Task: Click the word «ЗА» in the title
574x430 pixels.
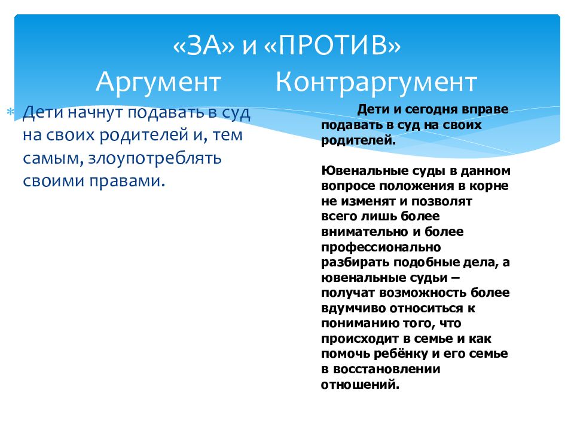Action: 203,46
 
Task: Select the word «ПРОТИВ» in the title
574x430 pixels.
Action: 332,46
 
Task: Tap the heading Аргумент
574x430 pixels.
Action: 158,82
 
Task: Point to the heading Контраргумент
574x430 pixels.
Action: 376,82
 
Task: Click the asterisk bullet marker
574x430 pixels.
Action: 10,111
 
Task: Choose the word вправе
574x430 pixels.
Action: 485,110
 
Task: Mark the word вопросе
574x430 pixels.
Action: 348,186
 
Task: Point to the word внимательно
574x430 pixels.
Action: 365,232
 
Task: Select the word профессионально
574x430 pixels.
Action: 381,247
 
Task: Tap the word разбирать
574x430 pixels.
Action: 355,263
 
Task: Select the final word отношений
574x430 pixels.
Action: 360,385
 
